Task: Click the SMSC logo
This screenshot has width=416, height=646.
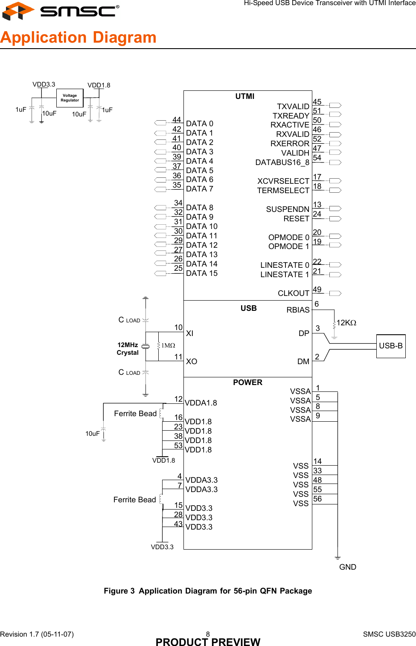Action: coord(61,11)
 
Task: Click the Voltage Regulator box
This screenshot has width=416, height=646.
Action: coord(70,98)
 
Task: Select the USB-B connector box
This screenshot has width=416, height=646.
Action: coord(390,346)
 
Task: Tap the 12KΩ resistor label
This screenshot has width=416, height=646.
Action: coord(346,323)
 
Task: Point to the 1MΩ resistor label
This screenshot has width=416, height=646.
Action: coord(168,345)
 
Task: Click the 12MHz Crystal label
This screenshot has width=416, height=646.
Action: coord(128,349)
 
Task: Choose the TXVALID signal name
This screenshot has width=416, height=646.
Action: coord(293,106)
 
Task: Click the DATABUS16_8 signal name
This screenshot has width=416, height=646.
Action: coord(282,162)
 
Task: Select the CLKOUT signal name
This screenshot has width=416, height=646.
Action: coord(293,293)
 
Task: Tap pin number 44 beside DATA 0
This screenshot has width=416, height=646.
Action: coord(177,120)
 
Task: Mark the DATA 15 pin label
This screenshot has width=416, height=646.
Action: coord(201,273)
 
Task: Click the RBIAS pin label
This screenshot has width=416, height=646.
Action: coord(298,310)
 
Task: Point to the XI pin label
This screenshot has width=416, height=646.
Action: coord(189,333)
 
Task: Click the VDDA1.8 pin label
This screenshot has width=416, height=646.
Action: coord(201,403)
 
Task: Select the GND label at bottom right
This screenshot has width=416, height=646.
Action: coord(347,567)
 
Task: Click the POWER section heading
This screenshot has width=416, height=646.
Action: coord(247,382)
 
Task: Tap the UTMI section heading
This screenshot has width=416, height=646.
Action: coord(244,96)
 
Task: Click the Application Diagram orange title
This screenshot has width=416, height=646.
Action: coord(79,38)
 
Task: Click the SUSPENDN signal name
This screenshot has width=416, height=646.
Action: coord(288,209)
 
